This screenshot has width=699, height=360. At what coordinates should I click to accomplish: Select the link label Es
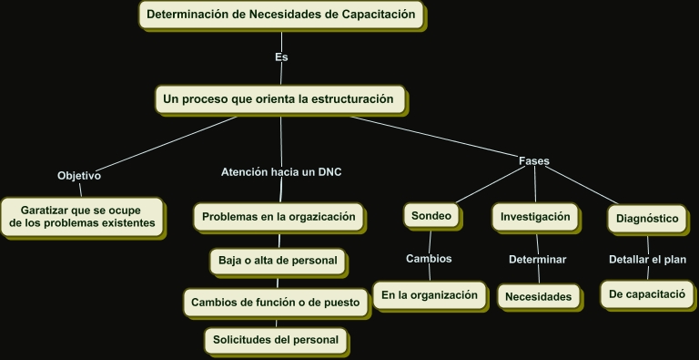pos(281,57)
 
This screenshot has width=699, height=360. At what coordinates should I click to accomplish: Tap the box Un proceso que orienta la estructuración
pos(279,98)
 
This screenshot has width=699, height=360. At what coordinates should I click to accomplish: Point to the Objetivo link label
pos(79,175)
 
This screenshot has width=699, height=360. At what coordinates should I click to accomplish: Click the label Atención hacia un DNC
pos(281,171)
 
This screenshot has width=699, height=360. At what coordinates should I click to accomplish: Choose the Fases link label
pos(533,161)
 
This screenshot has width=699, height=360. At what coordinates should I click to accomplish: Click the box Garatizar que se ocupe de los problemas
pos(82,216)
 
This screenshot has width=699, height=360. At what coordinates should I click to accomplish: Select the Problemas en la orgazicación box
pos(280,217)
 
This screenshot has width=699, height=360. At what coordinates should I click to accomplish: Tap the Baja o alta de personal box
pos(278,261)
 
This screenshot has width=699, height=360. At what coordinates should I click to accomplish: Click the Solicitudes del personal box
pos(276,340)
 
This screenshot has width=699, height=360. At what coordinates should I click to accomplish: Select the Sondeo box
pos(431,216)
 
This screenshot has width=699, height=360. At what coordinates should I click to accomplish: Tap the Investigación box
pos(535,217)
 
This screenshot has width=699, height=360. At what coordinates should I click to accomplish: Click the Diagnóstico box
pos(647,219)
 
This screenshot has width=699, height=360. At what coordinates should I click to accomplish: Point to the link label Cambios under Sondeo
pos(429,259)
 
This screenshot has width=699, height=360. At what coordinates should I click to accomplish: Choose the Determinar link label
pos(537,260)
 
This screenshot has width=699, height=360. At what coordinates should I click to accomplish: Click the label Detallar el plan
pos(647,260)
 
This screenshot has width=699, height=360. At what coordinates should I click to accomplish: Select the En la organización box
pos(430,295)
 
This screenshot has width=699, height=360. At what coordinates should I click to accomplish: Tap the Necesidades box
pos(540,296)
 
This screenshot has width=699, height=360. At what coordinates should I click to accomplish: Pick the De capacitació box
pos(647,294)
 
